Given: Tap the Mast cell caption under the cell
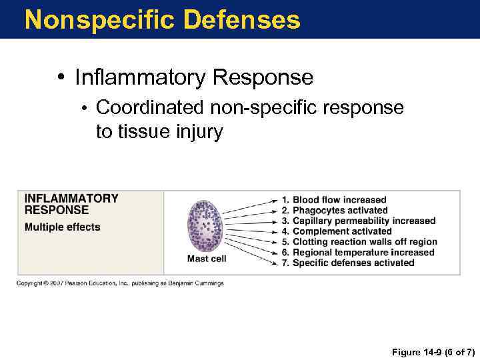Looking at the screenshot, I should [x=207, y=259].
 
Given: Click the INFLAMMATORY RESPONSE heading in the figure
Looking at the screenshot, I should [x=71, y=203].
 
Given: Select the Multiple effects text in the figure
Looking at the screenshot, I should [x=62, y=227].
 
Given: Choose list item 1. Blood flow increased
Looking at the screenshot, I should [x=334, y=200].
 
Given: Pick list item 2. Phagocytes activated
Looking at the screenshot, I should [x=335, y=211].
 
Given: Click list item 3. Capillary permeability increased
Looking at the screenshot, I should [x=359, y=221].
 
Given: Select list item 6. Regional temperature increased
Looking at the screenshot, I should [x=358, y=253].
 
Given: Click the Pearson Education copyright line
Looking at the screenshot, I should [x=120, y=283].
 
